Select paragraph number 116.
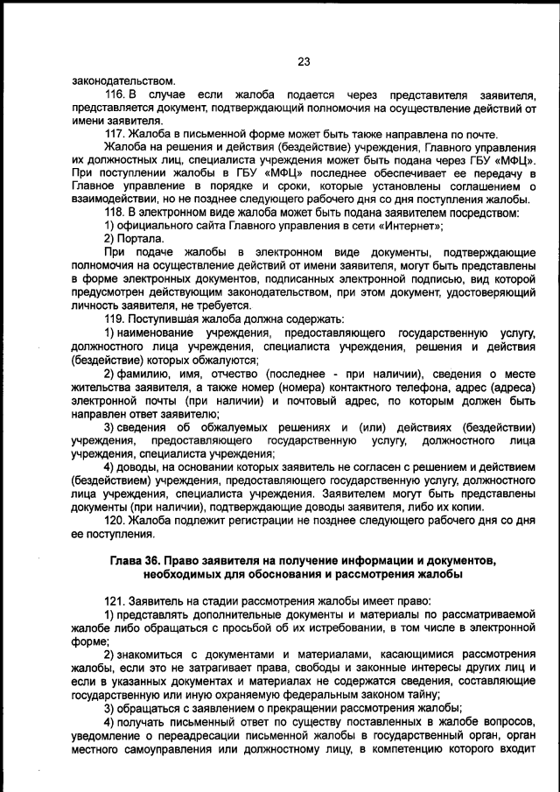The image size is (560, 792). [115, 94]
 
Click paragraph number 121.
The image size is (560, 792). [115, 602]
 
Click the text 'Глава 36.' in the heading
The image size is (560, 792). [136, 560]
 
